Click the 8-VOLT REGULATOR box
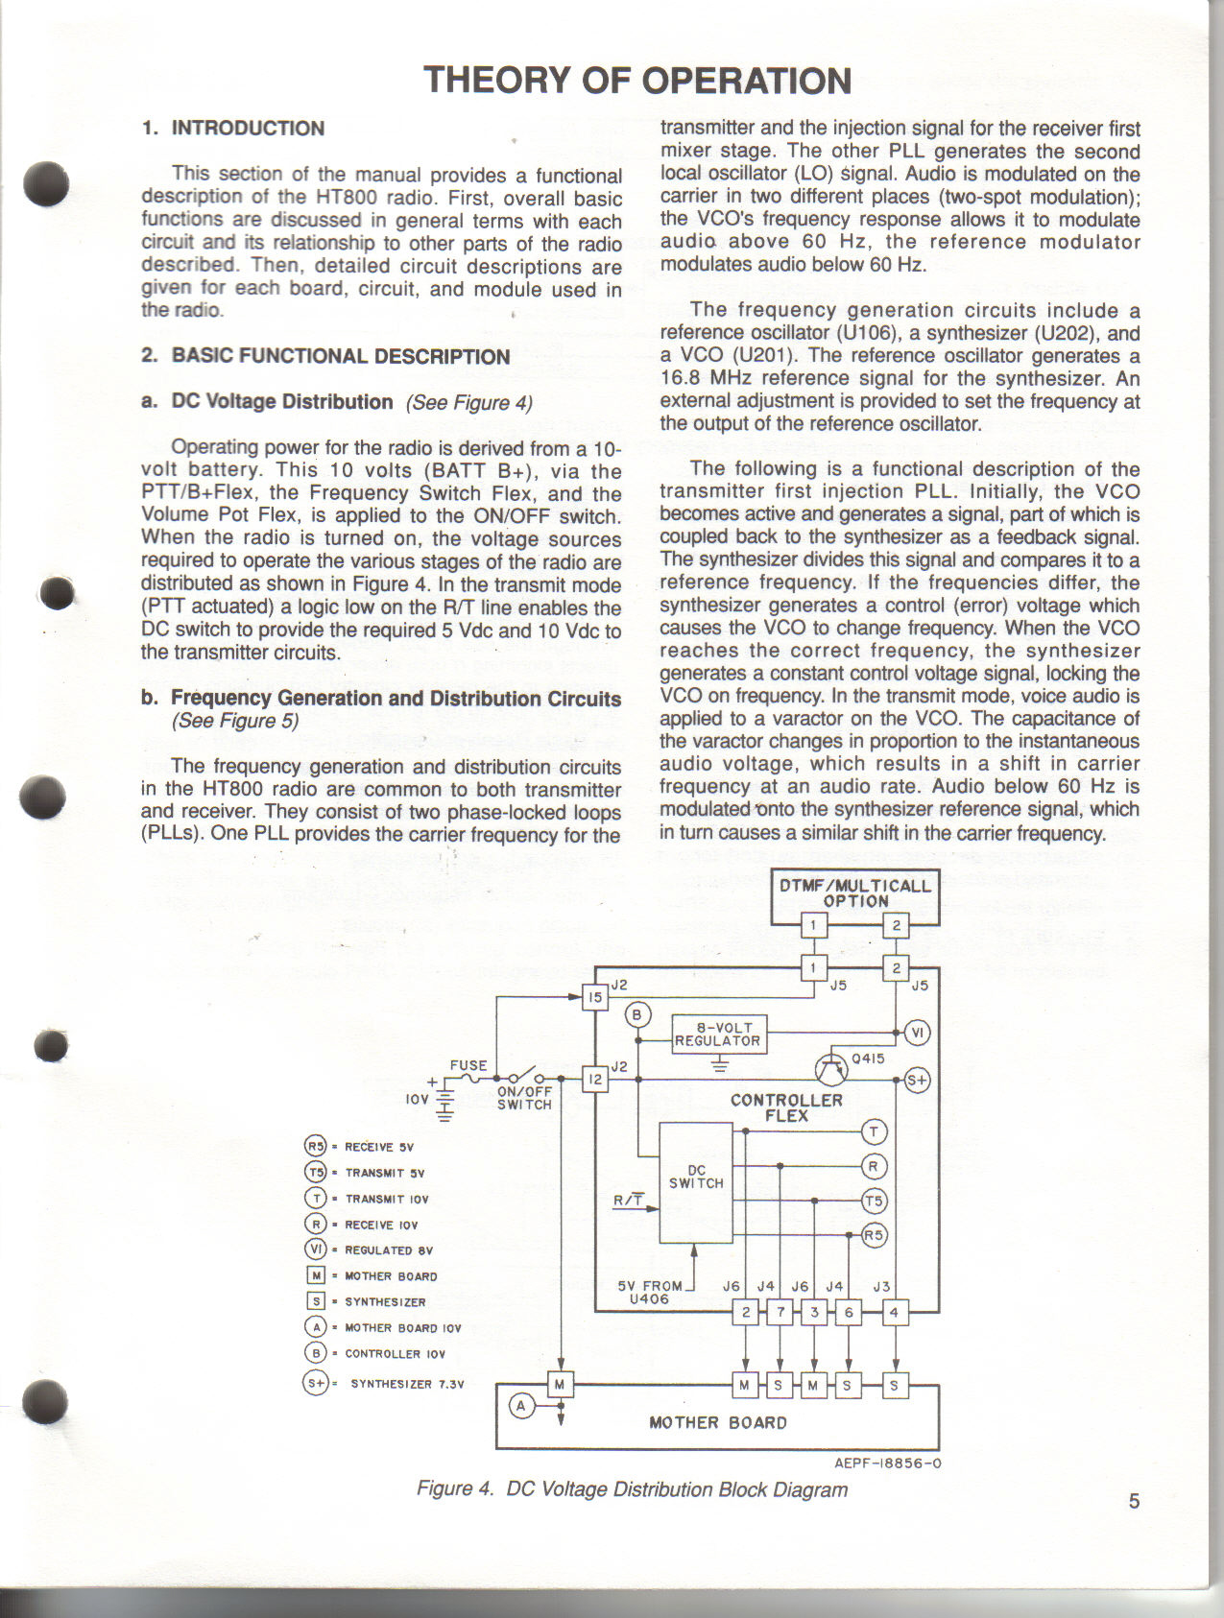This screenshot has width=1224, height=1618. (x=719, y=1034)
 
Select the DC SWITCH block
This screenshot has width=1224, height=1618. (x=696, y=1181)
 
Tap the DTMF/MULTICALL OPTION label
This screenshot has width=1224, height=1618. (x=854, y=892)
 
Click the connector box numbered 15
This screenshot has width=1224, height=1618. (x=595, y=998)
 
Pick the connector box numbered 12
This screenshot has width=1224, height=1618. (x=595, y=1080)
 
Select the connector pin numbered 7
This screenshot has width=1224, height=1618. (x=780, y=1312)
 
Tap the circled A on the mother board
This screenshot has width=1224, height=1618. (x=522, y=1406)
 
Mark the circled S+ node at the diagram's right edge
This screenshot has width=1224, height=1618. (x=918, y=1081)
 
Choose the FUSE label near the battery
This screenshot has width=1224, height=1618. (x=468, y=1065)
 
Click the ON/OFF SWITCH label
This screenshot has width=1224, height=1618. (x=524, y=1098)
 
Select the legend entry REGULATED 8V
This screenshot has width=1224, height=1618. (x=389, y=1250)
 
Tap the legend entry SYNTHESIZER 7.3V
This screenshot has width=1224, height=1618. (x=407, y=1384)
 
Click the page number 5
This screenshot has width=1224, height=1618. (x=1134, y=1502)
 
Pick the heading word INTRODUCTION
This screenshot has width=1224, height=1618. (x=248, y=129)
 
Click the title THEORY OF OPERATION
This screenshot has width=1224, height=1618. (x=637, y=81)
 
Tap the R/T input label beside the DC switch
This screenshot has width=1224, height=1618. (x=628, y=1200)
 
